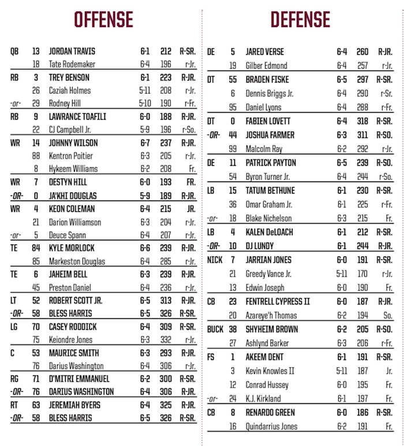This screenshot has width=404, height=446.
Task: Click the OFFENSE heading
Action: [103, 20]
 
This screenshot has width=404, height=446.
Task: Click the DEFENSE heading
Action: [300, 20]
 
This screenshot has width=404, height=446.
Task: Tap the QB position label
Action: [14, 51]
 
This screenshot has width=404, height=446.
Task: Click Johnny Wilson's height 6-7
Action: [145, 143]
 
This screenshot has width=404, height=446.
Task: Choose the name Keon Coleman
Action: [71, 209]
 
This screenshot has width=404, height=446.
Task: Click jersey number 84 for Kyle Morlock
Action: [36, 248]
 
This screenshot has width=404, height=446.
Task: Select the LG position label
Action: [14, 327]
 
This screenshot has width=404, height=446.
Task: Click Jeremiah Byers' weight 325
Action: [166, 405]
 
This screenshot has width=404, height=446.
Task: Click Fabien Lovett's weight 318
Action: [363, 121]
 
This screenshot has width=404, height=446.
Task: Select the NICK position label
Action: [215, 260]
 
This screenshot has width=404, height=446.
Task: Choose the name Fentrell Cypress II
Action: [278, 302]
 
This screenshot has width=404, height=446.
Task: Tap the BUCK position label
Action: [215, 329]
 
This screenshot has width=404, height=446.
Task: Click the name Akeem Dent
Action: [264, 357]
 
